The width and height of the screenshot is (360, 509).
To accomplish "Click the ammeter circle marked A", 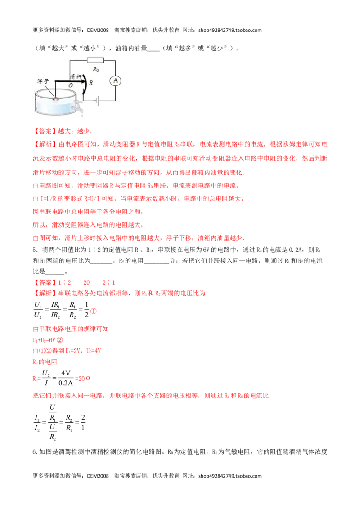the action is point(115,80).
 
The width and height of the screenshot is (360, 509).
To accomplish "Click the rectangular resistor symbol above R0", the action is point(95,60).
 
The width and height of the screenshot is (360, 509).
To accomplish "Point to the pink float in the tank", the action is point(55,98).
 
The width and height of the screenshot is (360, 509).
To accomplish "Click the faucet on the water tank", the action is point(78,107).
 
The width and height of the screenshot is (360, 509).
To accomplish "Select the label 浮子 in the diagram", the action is point(43,81).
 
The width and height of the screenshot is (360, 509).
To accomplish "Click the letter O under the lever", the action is point(71,85).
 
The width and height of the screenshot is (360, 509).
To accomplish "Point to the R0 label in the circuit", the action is point(95,69).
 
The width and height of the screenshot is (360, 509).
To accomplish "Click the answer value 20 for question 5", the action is point(86,282).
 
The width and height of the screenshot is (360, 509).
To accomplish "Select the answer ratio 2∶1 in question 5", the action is point(109,282).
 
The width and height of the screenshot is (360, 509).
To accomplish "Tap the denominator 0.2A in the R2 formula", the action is point(66,383).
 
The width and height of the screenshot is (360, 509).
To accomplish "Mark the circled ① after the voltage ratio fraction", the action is point(93,311).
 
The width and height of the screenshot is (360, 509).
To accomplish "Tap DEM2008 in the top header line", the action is point(98,30).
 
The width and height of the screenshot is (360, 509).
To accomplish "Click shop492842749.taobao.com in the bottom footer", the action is point(230,476).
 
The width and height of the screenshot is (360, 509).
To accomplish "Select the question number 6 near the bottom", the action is point(35,452).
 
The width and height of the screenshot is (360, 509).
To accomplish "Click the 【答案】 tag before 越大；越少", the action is point(45,131).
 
